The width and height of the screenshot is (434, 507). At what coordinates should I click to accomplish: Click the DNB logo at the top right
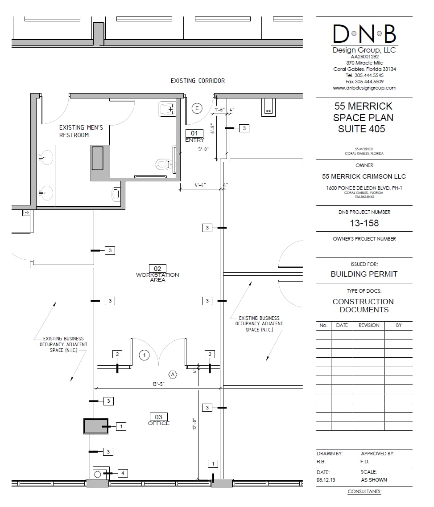click(364, 34)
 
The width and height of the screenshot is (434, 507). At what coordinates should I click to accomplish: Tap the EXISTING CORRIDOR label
click(198, 81)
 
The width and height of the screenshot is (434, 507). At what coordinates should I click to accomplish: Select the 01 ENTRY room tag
click(194, 135)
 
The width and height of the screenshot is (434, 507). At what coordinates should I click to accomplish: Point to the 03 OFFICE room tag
click(158, 420)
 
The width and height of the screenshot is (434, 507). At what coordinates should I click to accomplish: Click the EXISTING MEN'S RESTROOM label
click(81, 131)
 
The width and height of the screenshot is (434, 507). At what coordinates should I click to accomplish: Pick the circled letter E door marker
click(197, 108)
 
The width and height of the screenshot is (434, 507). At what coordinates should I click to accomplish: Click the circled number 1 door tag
click(144, 355)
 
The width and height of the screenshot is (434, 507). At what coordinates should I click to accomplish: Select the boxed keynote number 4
click(123, 473)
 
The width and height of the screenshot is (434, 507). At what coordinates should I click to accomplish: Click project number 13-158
click(364, 223)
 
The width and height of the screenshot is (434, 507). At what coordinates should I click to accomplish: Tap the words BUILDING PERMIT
click(364, 274)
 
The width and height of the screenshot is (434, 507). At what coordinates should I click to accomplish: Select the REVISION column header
click(368, 325)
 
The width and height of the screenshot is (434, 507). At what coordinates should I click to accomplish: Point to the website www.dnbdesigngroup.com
click(364, 88)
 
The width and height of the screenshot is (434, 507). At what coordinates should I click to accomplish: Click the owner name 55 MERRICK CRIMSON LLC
click(364, 176)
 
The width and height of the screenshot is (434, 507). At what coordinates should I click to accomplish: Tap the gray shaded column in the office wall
click(96, 426)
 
